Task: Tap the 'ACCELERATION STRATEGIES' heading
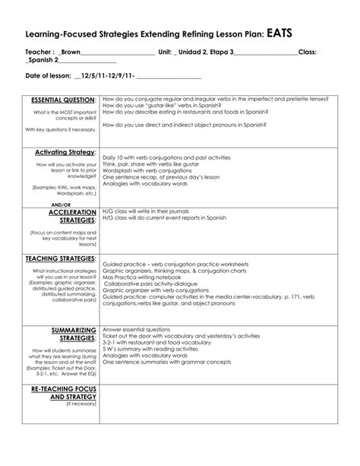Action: [72, 217]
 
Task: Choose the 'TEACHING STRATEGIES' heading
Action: [62, 259]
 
